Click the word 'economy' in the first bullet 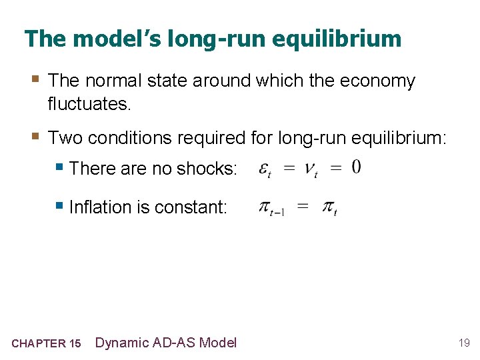pyautogui.click(x=377, y=81)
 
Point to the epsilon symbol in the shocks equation pyautogui.click(x=265, y=169)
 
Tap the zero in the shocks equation pyautogui.click(x=357, y=167)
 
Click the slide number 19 pyautogui.click(x=464, y=343)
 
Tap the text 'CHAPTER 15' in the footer pyautogui.click(x=46, y=344)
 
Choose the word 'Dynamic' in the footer pyautogui.click(x=122, y=343)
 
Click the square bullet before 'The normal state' pyautogui.click(x=35, y=80)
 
